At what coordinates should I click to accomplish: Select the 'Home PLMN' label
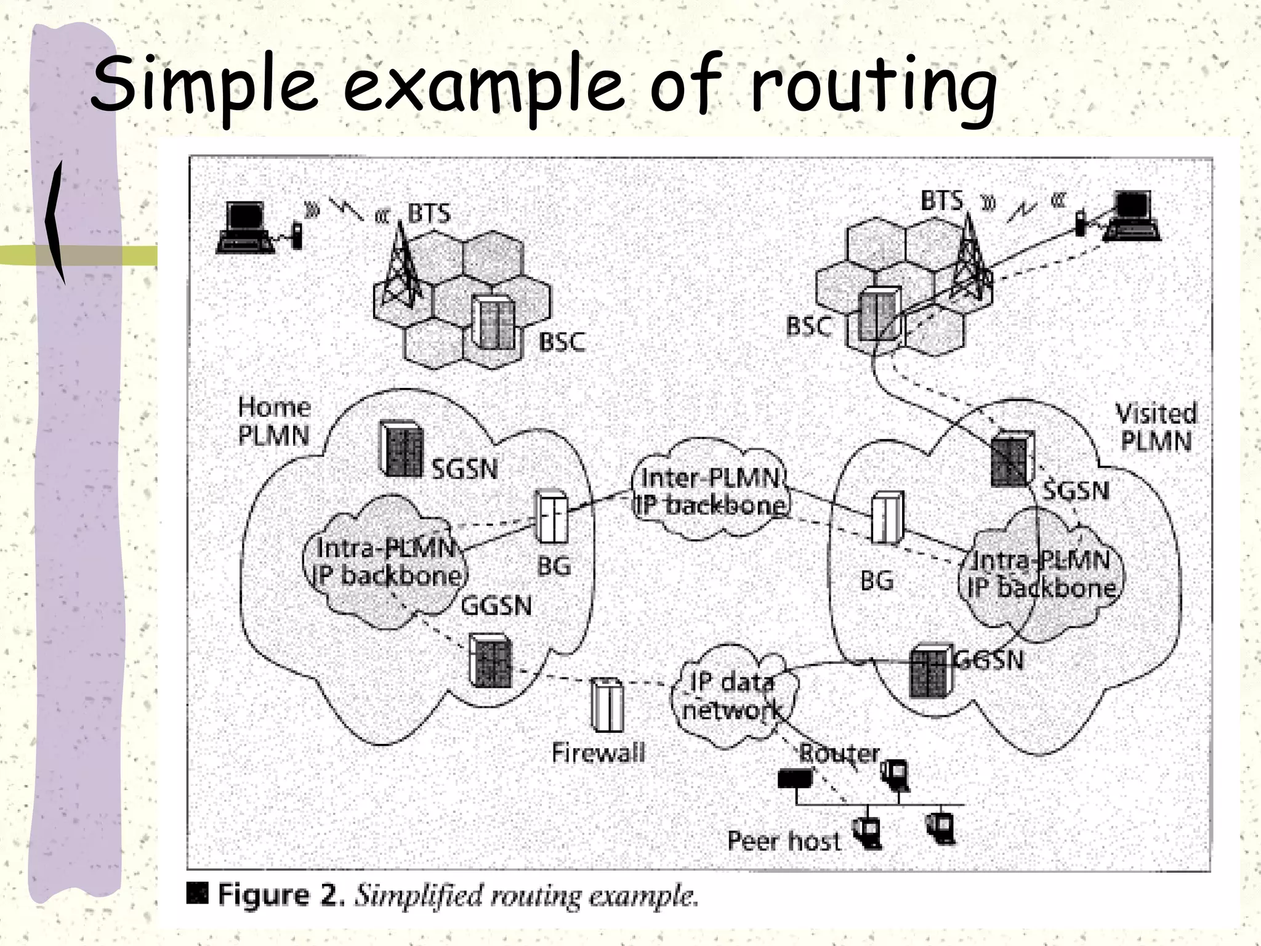click(x=274, y=421)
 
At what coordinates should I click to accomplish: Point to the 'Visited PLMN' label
click(x=1156, y=427)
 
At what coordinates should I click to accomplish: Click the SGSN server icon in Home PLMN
click(x=401, y=448)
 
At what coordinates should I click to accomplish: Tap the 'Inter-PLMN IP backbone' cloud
click(x=711, y=492)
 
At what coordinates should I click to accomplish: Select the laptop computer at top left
click(x=245, y=227)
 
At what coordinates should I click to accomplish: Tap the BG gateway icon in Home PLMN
click(x=551, y=516)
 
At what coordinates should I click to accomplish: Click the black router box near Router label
click(x=794, y=779)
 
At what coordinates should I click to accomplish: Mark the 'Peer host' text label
click(x=783, y=841)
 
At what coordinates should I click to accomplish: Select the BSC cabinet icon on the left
click(x=493, y=322)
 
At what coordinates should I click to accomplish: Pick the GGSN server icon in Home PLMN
click(x=491, y=661)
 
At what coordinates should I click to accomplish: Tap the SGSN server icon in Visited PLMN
click(x=1012, y=458)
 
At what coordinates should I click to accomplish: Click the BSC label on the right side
click(x=808, y=326)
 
